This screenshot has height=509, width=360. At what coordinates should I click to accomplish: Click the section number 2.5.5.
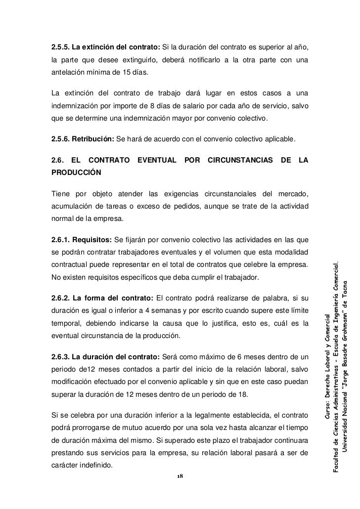60,48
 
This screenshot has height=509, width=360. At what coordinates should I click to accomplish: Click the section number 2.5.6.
60,140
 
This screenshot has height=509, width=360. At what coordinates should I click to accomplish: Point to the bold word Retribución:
92,140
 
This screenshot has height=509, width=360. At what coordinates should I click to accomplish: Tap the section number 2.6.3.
60,357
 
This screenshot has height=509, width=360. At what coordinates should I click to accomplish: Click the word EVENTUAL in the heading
157,160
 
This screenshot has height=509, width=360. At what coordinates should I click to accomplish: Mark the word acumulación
73,205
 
